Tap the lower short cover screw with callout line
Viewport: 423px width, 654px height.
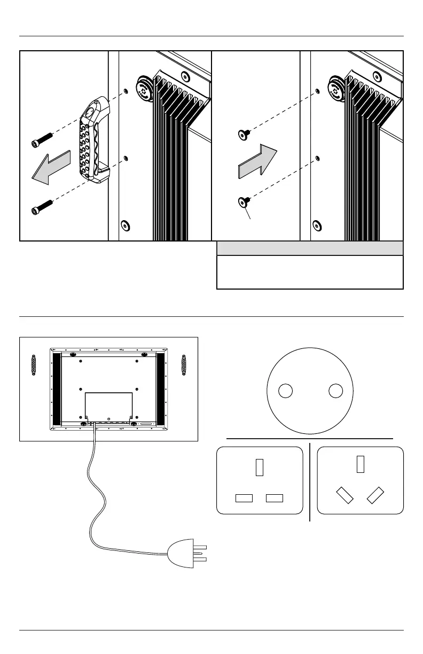tap(244, 201)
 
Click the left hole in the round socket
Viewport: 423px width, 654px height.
tap(286, 391)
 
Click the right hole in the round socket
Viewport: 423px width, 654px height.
tap(335, 391)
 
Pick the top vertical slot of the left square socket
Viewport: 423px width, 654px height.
tap(260, 467)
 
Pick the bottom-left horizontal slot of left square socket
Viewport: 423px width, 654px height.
tap(243, 498)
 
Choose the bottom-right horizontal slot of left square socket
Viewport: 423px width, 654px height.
tap(275, 498)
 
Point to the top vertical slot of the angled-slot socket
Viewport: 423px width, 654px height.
tap(361, 464)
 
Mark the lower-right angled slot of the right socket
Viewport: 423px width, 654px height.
tap(377, 495)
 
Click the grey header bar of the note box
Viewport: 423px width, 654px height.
tap(310, 248)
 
